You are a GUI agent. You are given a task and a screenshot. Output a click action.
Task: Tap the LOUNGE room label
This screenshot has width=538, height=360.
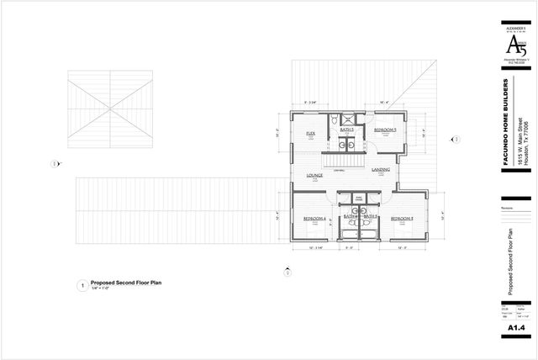(x=315, y=175)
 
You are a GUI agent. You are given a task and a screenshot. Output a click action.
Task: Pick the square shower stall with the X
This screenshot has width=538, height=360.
(x=360, y=119)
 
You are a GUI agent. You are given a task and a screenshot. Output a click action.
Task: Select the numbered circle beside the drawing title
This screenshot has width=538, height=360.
(x=82, y=285)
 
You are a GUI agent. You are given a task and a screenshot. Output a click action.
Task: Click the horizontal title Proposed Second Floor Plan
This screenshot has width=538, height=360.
(x=126, y=283)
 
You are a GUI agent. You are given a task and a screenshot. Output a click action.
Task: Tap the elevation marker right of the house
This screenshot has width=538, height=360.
(x=456, y=135)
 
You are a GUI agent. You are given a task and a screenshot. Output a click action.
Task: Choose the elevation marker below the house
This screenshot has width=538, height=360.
(x=287, y=271)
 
